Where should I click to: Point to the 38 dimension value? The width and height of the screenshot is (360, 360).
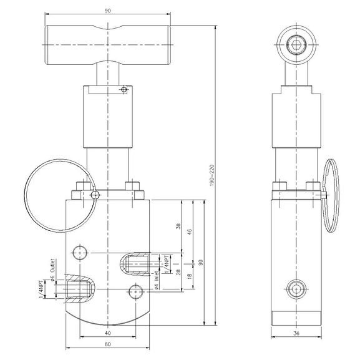pos(179,227)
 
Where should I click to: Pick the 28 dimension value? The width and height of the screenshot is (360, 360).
pos(179,273)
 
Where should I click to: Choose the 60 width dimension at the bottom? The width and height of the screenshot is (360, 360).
pos(108,344)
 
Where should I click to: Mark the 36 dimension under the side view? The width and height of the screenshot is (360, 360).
pos(296,334)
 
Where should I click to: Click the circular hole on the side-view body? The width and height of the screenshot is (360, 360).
pos(295,288)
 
